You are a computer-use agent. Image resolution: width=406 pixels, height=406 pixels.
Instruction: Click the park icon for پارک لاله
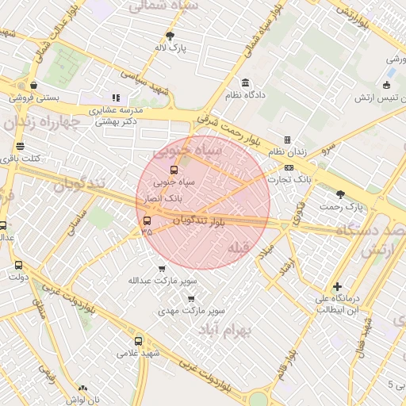(170, 36)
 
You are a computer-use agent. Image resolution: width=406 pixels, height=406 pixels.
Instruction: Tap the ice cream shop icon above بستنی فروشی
(33, 86)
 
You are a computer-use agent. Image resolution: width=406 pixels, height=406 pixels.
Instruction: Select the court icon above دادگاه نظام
(245, 83)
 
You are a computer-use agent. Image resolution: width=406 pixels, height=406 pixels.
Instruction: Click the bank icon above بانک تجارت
(289, 167)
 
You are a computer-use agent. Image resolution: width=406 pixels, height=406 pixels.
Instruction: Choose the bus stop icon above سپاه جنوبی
(174, 169)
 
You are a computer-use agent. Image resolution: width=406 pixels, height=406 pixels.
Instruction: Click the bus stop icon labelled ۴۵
(147, 220)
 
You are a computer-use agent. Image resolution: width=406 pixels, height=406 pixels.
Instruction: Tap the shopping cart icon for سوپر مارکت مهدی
(190, 298)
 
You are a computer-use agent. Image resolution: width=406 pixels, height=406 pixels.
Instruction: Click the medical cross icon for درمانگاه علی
(338, 286)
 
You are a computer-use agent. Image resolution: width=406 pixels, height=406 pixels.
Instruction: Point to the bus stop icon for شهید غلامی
(139, 341)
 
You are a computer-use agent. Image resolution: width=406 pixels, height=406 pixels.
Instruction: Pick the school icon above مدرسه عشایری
(117, 98)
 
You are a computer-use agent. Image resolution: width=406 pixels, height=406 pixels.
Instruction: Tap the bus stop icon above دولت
(18, 266)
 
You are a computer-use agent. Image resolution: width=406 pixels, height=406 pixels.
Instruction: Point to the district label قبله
(239, 248)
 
